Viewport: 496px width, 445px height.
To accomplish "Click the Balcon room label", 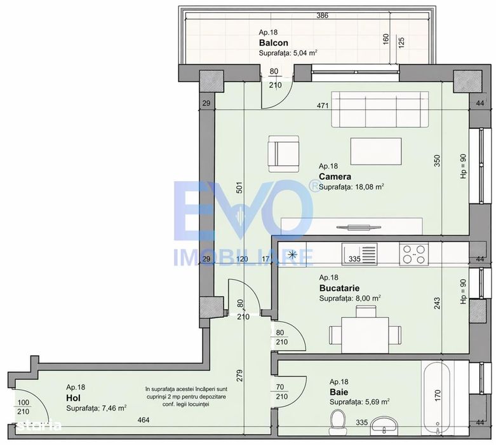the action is [x=274, y=43].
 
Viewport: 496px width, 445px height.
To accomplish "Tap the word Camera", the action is [x=335, y=177].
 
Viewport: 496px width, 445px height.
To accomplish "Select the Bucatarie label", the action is [x=339, y=288].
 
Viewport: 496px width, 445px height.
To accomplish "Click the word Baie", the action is [x=338, y=392].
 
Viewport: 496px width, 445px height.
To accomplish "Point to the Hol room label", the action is [x=73, y=398].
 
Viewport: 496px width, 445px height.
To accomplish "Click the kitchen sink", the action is [x=359, y=254].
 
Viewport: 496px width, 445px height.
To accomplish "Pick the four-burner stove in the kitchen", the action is [x=413, y=254].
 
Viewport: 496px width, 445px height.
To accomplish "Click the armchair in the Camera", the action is [x=283, y=154].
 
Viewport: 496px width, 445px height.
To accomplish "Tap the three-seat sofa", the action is [x=380, y=109].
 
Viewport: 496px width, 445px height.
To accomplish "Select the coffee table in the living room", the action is [x=376, y=151].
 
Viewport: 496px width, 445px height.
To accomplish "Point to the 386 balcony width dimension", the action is [x=323, y=15].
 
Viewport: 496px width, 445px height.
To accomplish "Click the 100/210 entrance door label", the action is [x=23, y=407].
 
